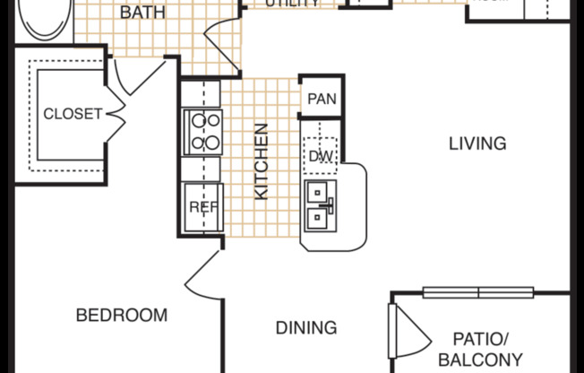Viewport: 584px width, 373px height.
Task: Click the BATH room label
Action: click(143, 13)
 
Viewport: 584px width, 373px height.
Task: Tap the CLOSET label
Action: click(73, 114)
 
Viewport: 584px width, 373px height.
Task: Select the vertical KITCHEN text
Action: click(262, 162)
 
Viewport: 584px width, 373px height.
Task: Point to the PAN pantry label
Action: click(322, 99)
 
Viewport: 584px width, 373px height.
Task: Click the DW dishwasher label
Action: click(321, 157)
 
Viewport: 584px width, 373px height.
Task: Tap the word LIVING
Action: click(477, 143)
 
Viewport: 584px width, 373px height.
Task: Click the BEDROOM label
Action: click(121, 315)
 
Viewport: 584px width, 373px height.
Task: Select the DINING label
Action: click(307, 327)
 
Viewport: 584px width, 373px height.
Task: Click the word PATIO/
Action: click(481, 339)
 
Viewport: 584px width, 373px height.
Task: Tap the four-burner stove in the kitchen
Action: click(203, 131)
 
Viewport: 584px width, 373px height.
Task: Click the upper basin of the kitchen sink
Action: click(319, 192)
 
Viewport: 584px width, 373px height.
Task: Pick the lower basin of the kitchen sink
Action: click(319, 215)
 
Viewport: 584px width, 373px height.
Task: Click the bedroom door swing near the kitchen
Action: click(202, 273)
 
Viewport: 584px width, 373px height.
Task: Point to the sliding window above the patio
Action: click(478, 291)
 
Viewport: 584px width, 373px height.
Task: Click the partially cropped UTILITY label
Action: click(292, 4)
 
